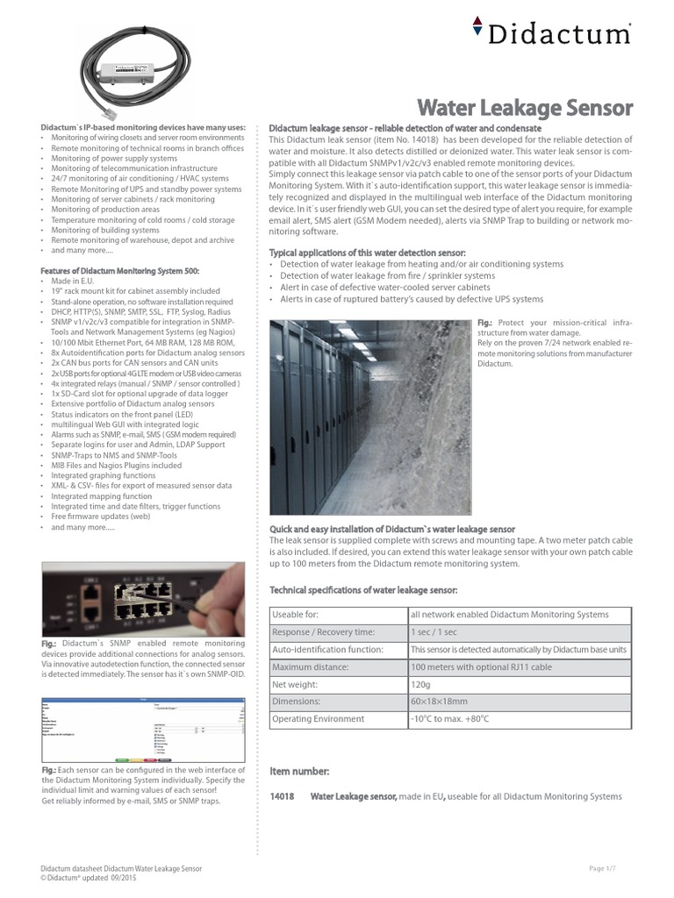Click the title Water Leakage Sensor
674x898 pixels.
tap(524, 108)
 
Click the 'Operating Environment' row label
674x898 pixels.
tap(319, 719)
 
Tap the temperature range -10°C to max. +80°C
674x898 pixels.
tap(449, 719)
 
